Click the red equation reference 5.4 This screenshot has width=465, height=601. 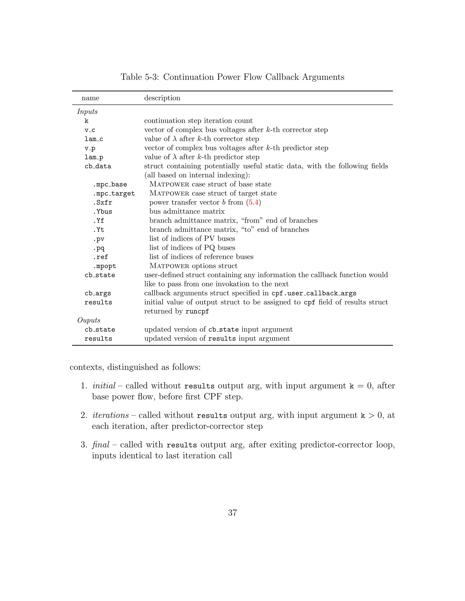(x=253, y=202)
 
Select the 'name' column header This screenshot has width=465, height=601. (x=90, y=98)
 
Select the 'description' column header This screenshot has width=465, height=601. (x=162, y=98)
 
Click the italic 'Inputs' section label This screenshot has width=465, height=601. (x=87, y=111)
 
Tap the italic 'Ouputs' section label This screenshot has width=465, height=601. (x=89, y=320)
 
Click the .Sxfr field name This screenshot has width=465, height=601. (x=102, y=203)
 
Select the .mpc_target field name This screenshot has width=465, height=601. (x=114, y=193)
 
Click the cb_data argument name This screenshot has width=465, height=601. (x=98, y=166)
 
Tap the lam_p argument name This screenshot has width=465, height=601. (x=94, y=157)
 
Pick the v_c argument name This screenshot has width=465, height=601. (x=90, y=130)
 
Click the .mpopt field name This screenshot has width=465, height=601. (x=104, y=266)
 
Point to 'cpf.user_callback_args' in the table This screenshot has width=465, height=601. (x=314, y=293)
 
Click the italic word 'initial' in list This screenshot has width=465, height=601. (x=104, y=386)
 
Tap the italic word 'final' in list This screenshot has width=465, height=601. (x=101, y=445)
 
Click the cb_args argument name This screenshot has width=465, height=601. (x=98, y=293)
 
